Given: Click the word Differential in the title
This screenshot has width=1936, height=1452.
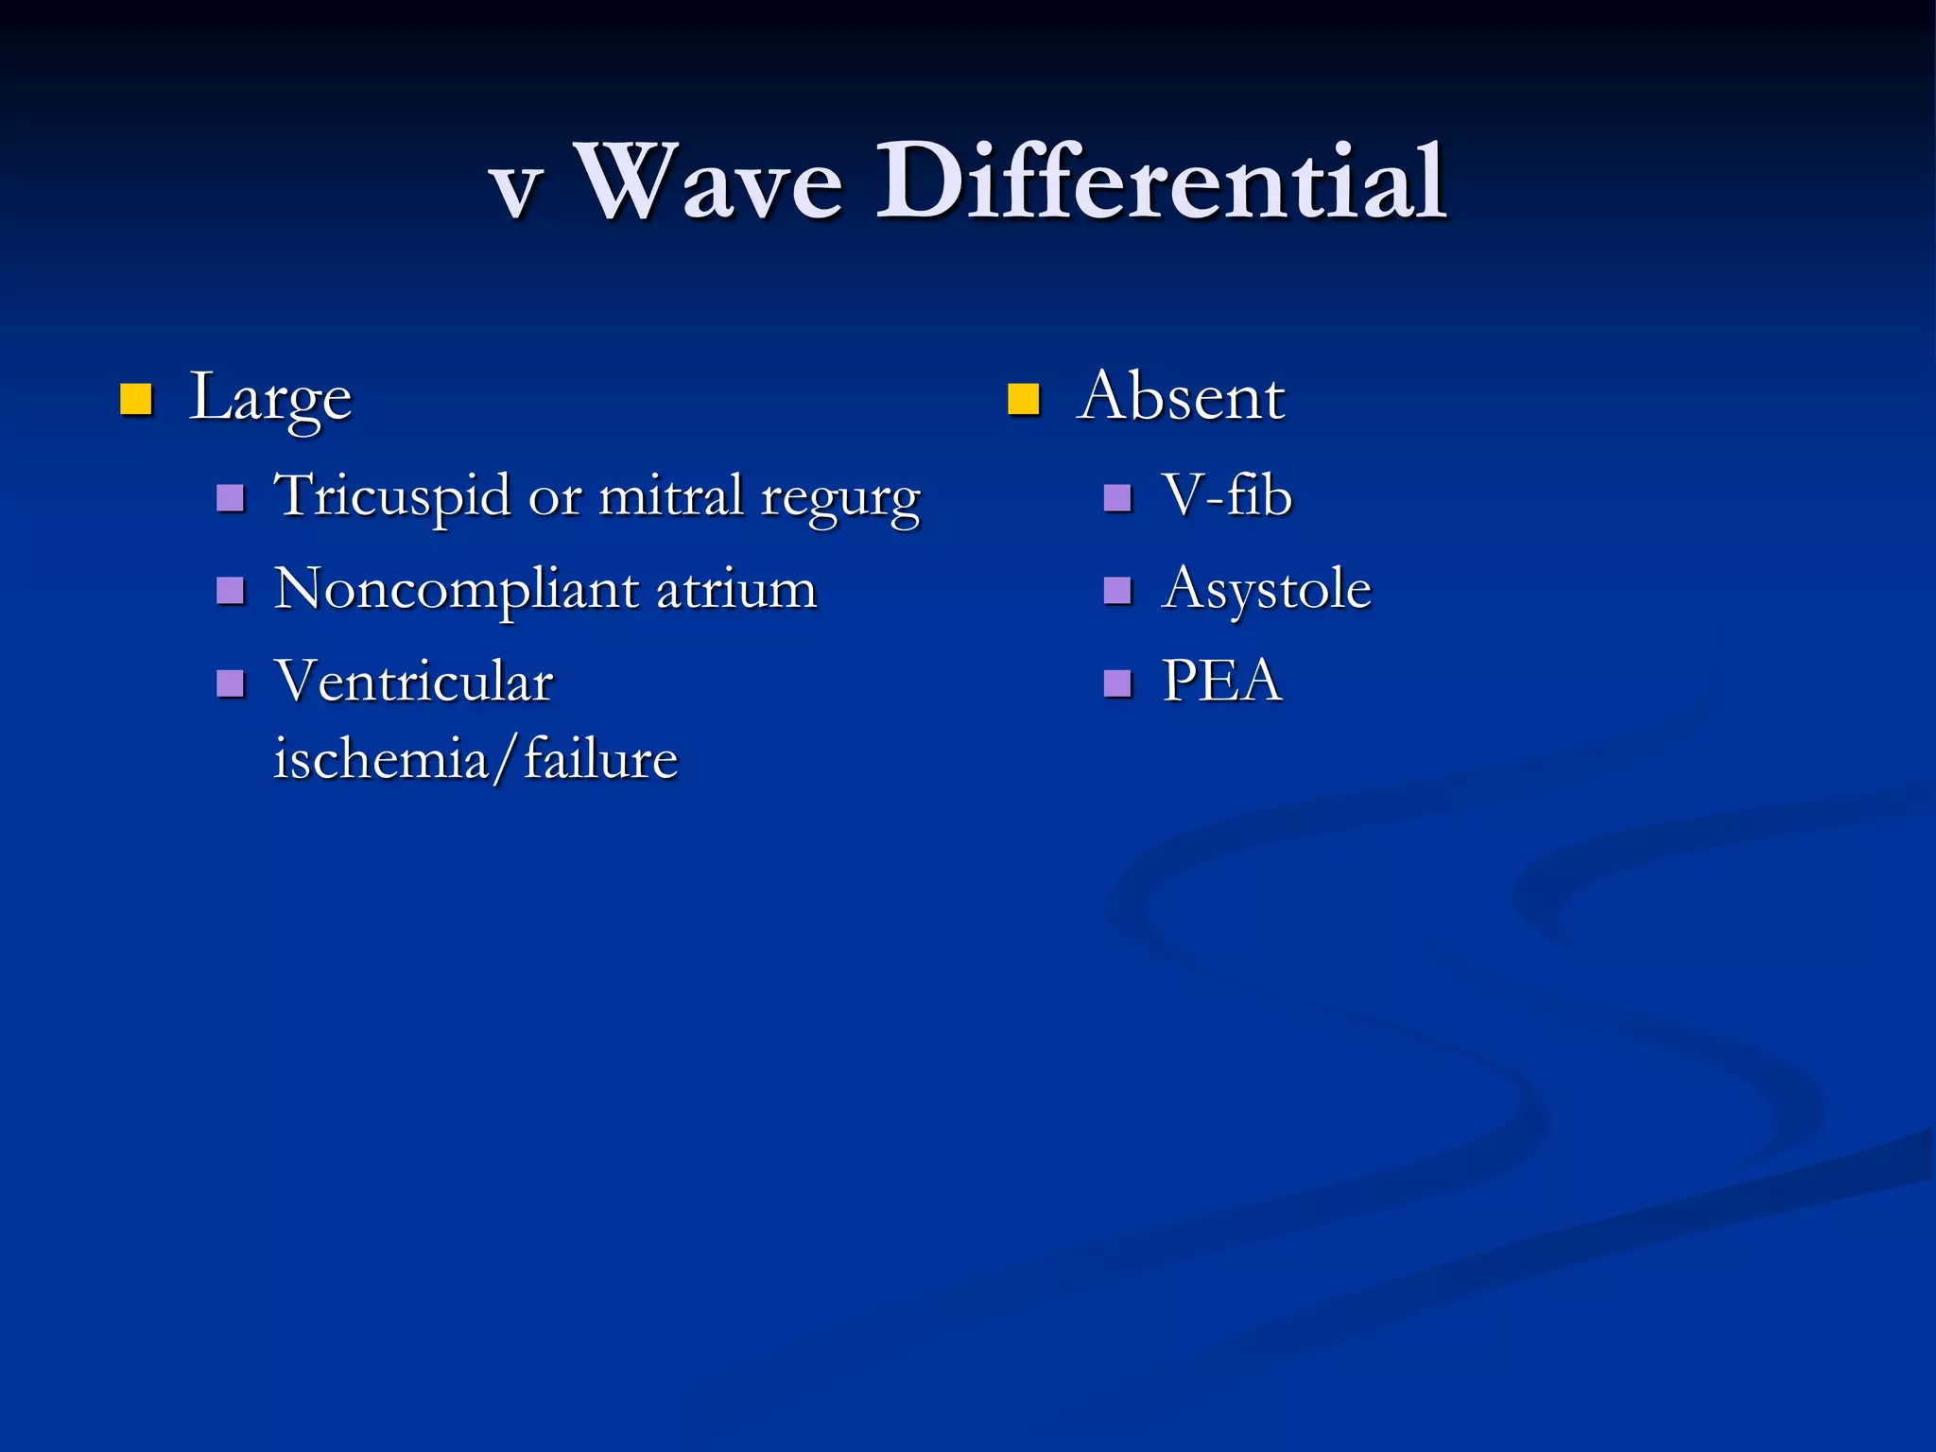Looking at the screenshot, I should click(1161, 181).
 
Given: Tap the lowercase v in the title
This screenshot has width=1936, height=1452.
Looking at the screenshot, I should click(516, 189).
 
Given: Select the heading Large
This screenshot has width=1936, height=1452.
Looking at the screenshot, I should click(270, 398).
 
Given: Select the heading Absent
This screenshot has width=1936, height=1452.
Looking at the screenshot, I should click(1181, 396).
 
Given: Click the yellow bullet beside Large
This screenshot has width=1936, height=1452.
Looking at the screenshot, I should click(136, 400).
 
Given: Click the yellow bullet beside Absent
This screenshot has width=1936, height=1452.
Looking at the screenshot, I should click(1024, 400).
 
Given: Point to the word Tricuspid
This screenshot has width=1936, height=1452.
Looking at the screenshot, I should click(391, 497).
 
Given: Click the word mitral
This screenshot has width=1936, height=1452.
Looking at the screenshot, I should click(671, 496).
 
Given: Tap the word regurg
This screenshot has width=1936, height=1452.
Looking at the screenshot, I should click(840, 500).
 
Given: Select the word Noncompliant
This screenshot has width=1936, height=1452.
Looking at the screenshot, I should click(456, 590).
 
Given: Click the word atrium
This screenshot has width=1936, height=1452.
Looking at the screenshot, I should click(736, 590).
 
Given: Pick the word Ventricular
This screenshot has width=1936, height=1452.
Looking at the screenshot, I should click(413, 682).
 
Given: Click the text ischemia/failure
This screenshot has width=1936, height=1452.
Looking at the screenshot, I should click(475, 760).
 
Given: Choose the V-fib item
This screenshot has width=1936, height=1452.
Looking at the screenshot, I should click(1226, 495).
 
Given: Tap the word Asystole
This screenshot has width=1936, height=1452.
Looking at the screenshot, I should click(1266, 590).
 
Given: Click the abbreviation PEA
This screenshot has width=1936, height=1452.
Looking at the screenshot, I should click(1221, 681).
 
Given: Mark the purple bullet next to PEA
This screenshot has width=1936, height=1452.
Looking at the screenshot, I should click(1117, 683).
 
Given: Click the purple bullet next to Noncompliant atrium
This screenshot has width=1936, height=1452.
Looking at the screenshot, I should click(231, 591).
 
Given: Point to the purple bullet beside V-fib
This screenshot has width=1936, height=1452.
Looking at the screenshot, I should click(1117, 498).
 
